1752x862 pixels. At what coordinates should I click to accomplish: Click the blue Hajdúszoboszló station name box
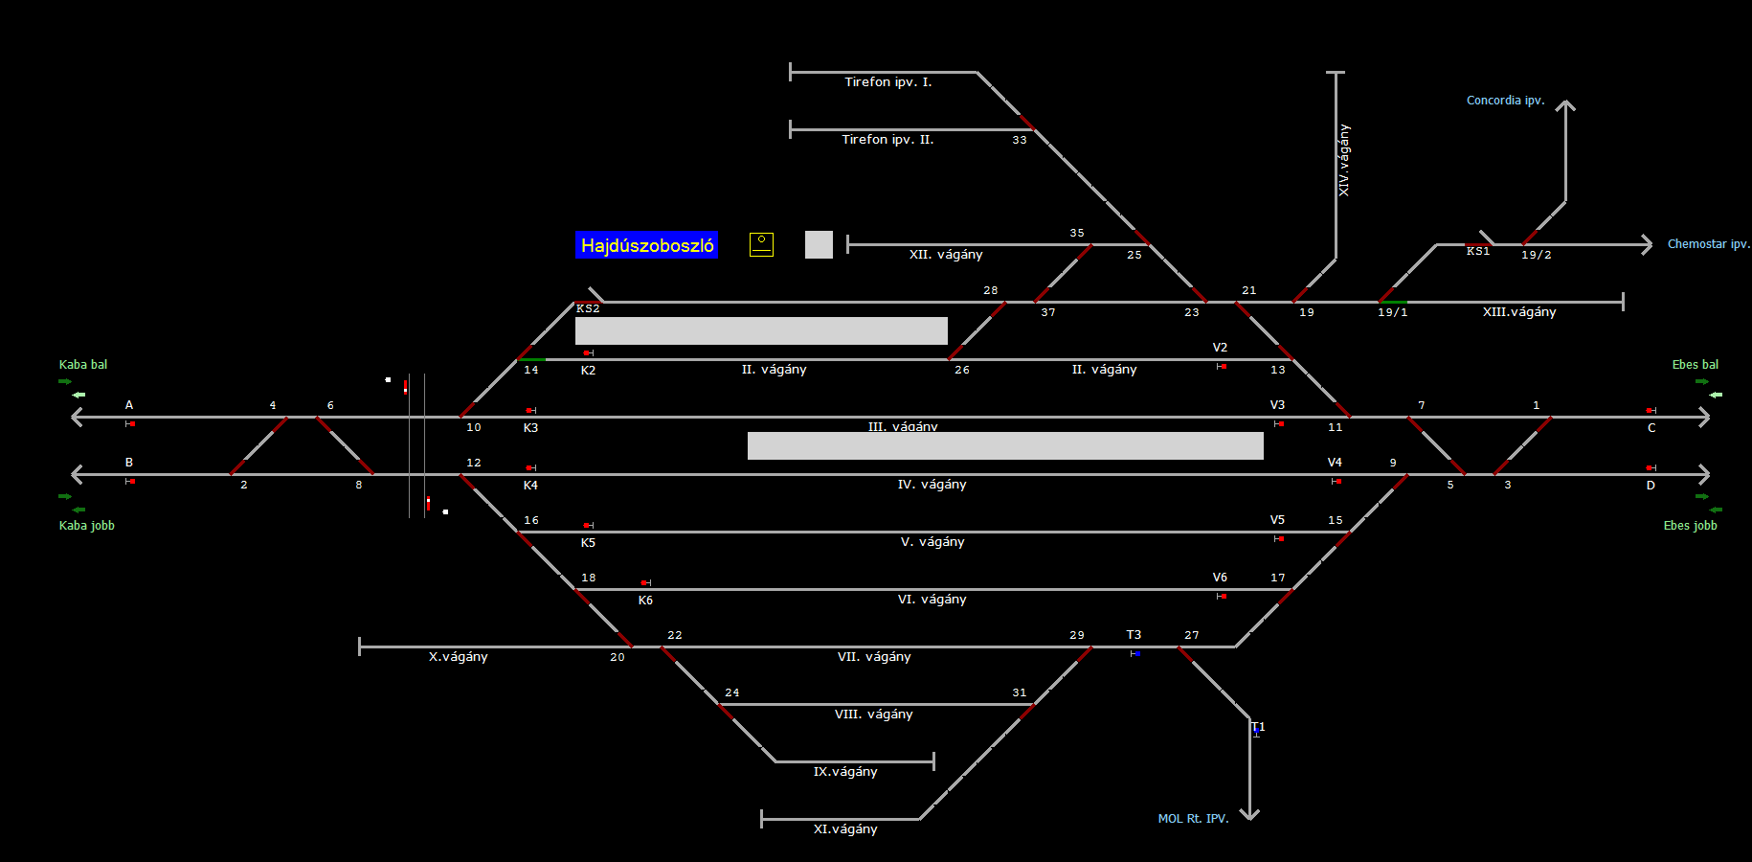click(x=646, y=245)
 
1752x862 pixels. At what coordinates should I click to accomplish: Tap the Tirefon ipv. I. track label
click(x=887, y=82)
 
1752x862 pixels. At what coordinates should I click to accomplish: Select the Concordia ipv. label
click(x=1505, y=101)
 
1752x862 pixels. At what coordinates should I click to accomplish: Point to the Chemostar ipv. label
click(x=1708, y=244)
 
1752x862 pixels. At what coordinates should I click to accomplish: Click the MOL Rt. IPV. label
click(x=1193, y=819)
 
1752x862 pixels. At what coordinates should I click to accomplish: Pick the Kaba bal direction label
click(x=83, y=365)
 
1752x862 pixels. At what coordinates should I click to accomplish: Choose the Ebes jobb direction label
click(x=1690, y=526)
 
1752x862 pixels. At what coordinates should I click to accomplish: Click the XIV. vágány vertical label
click(x=1344, y=160)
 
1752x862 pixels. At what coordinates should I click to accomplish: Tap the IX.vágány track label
click(x=845, y=772)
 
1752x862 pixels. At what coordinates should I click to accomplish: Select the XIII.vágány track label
click(x=1519, y=312)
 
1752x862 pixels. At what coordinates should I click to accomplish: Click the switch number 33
click(x=1020, y=140)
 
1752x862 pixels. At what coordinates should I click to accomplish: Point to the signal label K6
click(x=645, y=601)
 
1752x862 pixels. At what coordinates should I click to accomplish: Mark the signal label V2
click(x=1220, y=348)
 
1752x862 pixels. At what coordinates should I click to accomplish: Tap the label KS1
click(x=1478, y=251)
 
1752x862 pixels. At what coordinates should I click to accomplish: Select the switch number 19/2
click(x=1536, y=255)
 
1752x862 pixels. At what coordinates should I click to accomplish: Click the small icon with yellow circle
click(x=761, y=244)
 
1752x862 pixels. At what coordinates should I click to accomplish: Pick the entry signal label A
click(x=129, y=405)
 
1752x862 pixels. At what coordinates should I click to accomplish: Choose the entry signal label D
click(x=1651, y=486)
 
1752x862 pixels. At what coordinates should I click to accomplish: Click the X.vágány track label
click(x=458, y=657)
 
